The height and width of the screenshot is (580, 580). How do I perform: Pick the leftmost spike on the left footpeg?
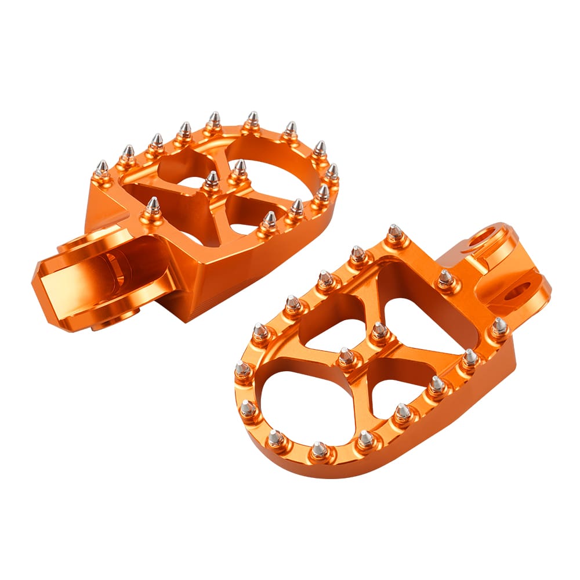tap(102, 170)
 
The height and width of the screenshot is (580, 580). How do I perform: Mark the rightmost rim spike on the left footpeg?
tap(331, 172)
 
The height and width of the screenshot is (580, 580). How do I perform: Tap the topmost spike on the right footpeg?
tap(395, 233)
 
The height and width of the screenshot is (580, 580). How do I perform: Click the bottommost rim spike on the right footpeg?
tap(319, 449)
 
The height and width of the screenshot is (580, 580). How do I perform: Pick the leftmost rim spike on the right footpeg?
tap(242, 368)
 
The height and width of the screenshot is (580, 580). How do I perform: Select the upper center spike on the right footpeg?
tap(379, 331)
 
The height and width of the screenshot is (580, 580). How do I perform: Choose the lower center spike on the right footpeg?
tap(347, 356)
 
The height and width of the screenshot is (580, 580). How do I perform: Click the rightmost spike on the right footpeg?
tap(499, 325)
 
